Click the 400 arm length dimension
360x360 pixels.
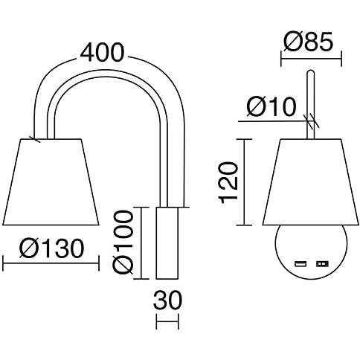(102, 52)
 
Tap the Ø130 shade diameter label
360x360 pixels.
(51, 248)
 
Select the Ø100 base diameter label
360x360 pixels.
(123, 242)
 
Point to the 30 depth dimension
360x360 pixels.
(167, 300)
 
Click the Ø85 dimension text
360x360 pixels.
(308, 42)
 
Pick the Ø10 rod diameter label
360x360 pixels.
(271, 107)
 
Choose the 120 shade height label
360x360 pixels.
(228, 182)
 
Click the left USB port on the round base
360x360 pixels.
(300, 263)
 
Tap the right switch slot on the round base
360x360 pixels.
(322, 263)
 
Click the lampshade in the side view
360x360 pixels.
(51, 182)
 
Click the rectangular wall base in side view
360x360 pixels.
(167, 243)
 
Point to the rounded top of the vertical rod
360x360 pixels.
(311, 72)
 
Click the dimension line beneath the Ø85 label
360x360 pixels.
(311, 59)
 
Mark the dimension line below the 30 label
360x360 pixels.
(167, 321)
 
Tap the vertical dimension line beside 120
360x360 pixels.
(245, 182)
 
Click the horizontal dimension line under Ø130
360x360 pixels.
(51, 263)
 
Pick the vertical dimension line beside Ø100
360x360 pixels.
(141, 243)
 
